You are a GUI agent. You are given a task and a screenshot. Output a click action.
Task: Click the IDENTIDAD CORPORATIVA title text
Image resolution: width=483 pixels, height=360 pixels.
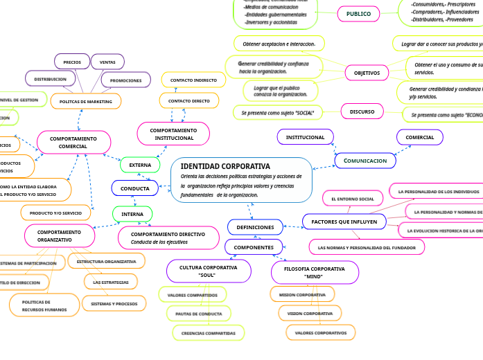225,166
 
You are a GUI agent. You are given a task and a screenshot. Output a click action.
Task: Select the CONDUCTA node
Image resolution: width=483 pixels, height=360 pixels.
135,188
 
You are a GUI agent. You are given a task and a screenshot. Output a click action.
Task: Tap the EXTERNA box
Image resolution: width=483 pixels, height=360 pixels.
140,165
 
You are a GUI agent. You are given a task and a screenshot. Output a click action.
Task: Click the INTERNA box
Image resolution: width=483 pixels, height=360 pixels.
132,214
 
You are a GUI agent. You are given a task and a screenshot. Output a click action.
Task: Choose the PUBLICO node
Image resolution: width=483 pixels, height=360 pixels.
358,14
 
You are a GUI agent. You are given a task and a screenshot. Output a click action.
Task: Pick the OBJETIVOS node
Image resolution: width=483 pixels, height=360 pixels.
367,73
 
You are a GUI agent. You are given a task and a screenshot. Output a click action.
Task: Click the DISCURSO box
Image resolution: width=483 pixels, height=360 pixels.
362,111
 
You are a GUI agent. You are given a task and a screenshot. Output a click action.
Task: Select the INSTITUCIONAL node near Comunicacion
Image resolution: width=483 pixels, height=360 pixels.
305,137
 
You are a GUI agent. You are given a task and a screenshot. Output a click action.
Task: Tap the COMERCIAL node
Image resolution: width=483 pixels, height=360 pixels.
419,137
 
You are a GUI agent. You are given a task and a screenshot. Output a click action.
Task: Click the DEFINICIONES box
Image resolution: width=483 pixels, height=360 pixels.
255,227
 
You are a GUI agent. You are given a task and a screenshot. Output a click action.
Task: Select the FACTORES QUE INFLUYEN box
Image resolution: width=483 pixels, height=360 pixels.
344,222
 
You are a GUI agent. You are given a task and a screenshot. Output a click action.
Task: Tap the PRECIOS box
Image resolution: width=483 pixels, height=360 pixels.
72,62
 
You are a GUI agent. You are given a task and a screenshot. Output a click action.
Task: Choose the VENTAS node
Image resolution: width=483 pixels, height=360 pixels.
107,62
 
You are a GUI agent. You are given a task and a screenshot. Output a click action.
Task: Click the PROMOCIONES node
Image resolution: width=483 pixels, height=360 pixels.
125,80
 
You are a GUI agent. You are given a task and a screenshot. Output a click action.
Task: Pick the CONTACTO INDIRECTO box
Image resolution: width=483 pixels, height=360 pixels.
193,80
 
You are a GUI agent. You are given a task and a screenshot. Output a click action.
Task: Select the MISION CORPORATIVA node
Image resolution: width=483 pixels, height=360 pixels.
302,295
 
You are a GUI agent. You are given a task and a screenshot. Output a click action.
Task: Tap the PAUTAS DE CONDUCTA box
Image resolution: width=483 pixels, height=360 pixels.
198,314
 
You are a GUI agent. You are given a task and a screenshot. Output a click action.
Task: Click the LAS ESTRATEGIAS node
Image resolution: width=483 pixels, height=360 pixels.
110,282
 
